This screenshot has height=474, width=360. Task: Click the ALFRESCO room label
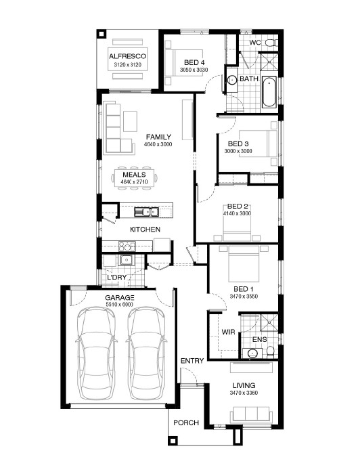pos(127,56)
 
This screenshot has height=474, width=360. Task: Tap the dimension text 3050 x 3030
pos(194,70)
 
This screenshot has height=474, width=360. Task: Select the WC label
pos(255,43)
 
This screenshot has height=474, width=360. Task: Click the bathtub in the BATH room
pos(269,92)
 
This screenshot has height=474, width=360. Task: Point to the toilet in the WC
pos(271,43)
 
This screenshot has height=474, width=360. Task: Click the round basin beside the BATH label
pos(232,80)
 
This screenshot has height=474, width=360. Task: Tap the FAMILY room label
pos(158,137)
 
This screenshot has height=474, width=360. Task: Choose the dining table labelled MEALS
pos(134,178)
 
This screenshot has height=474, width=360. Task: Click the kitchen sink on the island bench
pos(146,212)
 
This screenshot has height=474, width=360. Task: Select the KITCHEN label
pos(145,230)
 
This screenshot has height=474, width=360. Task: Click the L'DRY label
pos(116,277)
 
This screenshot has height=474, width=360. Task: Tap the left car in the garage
pos(96,353)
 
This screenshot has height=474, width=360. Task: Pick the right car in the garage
pos(146,353)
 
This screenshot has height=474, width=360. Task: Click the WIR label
pos(228,332)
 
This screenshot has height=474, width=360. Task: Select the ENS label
pos(259,339)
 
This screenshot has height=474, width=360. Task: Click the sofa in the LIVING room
pos(250,414)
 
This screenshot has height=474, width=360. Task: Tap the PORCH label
pos(186,423)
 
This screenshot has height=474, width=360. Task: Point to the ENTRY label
pos(192,361)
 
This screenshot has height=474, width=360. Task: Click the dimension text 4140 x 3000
pos(237,213)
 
